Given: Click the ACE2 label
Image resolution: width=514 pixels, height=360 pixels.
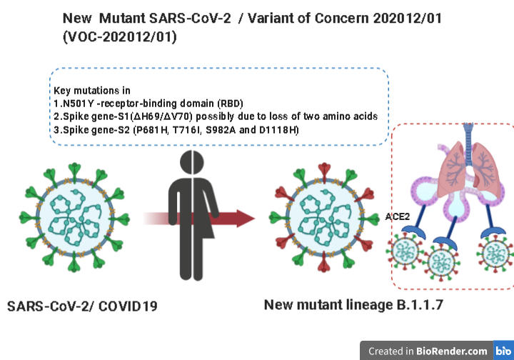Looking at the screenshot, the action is tap(398, 216).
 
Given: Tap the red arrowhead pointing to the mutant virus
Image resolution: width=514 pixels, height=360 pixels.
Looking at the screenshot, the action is tap(245, 219).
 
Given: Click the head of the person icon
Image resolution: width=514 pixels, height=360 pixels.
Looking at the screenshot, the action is tap(192, 162).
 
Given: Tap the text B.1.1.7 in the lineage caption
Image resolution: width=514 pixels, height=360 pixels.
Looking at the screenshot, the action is tap(420, 304).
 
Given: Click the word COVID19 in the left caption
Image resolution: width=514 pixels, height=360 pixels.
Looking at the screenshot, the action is tap(128, 306).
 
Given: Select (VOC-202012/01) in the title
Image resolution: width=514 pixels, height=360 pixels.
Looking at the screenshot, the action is tap(120, 36).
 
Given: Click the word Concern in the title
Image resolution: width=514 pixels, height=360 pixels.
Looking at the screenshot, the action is tap(341, 19).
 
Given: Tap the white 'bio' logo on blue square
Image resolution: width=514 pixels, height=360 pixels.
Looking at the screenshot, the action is tap(503, 351).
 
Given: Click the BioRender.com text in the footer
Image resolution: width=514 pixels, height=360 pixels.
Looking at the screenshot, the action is tap(452, 351).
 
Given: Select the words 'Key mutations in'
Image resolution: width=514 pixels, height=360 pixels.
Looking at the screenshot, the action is tap(92, 91).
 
